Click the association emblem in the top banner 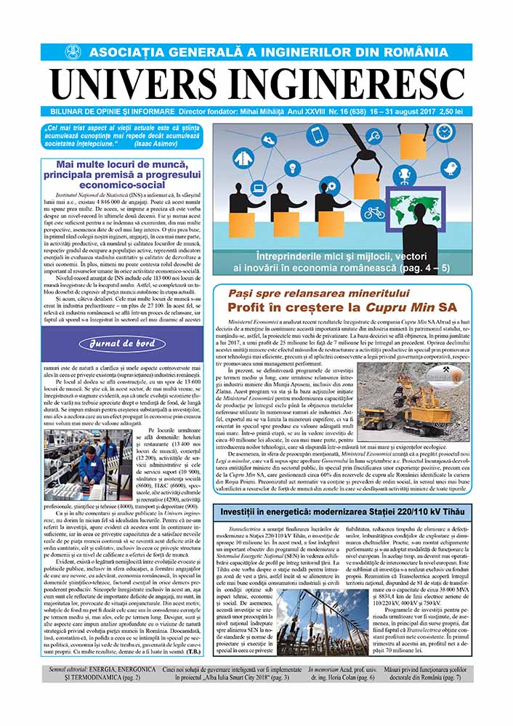coord(73,52)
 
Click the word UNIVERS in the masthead coord(141,82)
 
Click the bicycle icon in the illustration coord(374,212)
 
